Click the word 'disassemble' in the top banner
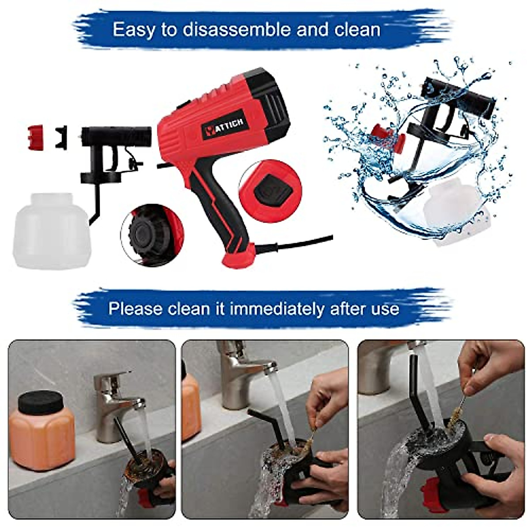click(x=237, y=30)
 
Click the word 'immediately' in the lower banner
click(x=276, y=309)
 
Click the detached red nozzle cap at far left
click(x=35, y=137)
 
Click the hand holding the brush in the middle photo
click(x=326, y=396)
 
